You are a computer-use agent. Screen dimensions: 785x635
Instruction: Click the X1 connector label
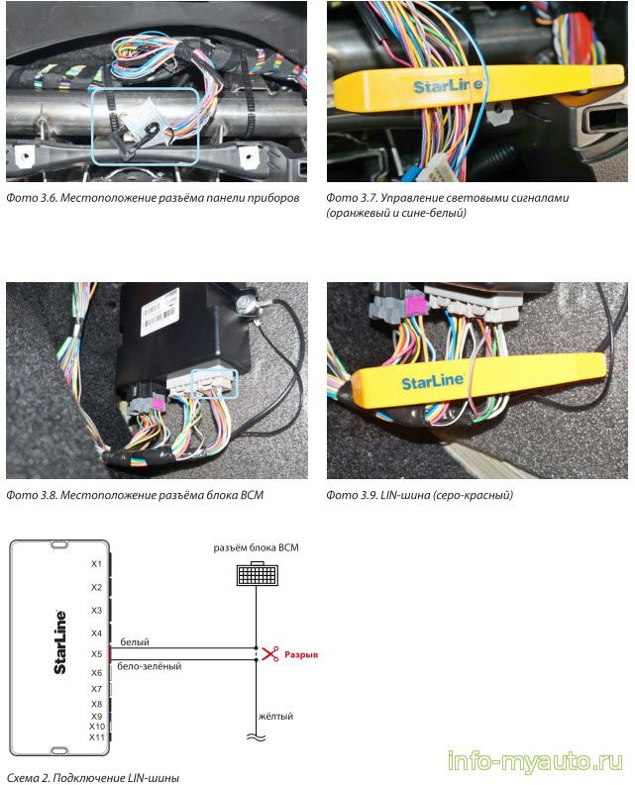coord(96,564)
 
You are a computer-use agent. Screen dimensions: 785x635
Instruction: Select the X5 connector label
coord(96,653)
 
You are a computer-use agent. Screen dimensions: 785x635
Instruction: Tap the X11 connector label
coord(96,737)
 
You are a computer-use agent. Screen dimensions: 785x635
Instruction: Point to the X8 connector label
coord(96,704)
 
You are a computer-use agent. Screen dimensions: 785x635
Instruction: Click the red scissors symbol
coord(269,654)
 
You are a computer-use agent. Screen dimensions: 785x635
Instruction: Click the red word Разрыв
coord(301,655)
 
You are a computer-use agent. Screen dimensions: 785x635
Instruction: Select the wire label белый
coord(135,642)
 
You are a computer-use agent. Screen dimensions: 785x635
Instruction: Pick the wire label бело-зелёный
coord(149,666)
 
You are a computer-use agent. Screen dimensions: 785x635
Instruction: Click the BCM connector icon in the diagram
coord(257,574)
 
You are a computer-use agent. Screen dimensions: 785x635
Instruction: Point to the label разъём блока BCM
coord(256,547)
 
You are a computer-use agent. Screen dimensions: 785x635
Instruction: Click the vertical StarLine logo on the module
coord(60,642)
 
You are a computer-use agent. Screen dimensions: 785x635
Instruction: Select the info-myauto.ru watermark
coord(534,761)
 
